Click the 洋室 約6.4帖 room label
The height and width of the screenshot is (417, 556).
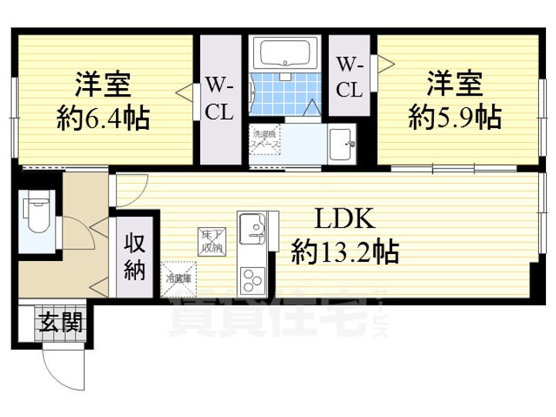click(103, 101)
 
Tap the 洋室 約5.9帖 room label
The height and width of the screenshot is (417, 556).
click(455, 100)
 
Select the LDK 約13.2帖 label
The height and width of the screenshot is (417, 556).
click(344, 236)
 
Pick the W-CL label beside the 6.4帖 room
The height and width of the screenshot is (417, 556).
click(220, 99)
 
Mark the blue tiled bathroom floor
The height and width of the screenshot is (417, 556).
click(282, 99)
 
